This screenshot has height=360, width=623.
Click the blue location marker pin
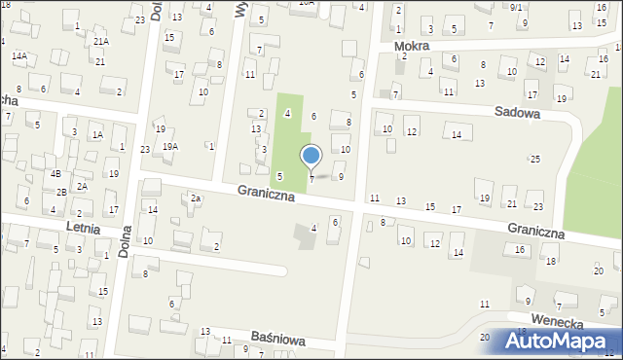[311, 157]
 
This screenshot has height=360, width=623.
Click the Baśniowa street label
[278, 341]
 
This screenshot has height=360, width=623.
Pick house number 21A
[101, 42]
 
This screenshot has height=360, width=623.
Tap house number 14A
[19, 56]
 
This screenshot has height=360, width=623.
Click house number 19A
[170, 146]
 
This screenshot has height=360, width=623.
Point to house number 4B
[55, 173]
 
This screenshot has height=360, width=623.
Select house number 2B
[61, 192]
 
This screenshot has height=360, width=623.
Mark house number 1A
[97, 134]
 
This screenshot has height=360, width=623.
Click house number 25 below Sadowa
[534, 158]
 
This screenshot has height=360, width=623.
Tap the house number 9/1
[516, 7]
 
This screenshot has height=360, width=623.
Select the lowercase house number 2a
[196, 198]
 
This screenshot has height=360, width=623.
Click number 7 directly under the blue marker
[311, 179]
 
